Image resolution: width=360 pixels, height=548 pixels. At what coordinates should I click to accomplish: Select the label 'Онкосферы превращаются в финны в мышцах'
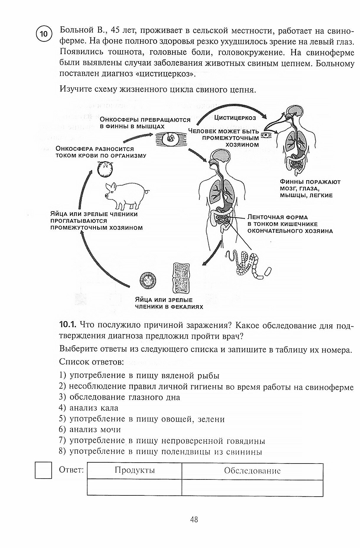pyautogui.click(x=145, y=123)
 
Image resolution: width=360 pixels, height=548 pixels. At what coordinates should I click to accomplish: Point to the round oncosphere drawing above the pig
pyautogui.click(x=105, y=169)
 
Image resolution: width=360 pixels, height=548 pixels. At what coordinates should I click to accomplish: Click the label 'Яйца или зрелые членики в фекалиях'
pyautogui.click(x=169, y=303)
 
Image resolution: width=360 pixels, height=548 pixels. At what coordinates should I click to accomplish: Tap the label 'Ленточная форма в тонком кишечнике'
pyautogui.click(x=290, y=224)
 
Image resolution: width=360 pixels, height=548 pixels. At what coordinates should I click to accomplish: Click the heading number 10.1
pyautogui.click(x=68, y=325)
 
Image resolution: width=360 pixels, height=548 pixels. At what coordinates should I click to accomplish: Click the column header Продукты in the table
pyautogui.click(x=135, y=470)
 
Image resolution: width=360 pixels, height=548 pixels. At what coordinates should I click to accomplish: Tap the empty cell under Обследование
pyautogui.click(x=252, y=487)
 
